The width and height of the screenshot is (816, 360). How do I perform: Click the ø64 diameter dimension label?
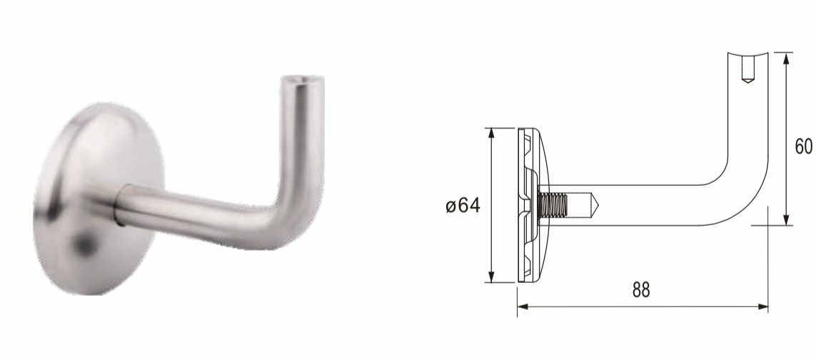pos(462,206)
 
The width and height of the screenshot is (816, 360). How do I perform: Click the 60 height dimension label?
pos(805,146)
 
